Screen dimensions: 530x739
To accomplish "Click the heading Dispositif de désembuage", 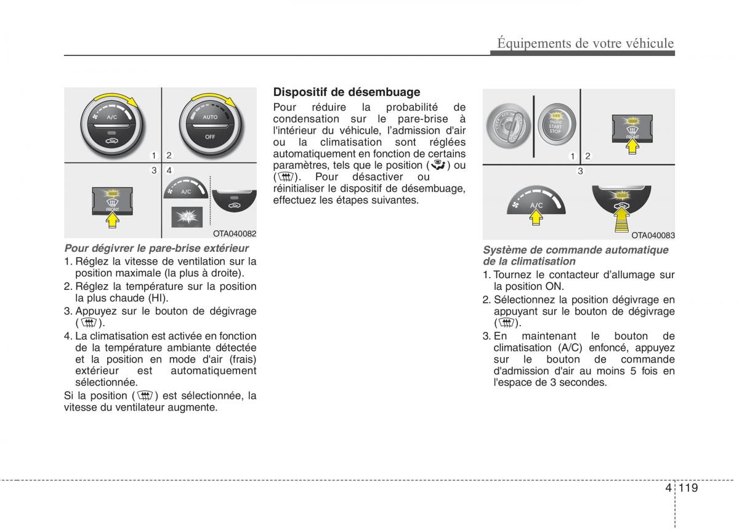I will pos(347,92).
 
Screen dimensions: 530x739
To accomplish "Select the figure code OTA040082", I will pos(235,234).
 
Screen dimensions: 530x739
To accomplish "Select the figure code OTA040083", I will pos(653,235).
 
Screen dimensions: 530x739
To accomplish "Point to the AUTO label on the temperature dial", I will pos(210,116).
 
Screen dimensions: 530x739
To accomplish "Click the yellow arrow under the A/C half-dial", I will pos(536,217).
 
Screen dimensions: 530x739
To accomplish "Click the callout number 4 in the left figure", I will pos(168,170).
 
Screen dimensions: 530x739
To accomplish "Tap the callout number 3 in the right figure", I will pos(579,171).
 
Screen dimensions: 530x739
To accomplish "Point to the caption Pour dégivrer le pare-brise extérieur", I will pos(156,248).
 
